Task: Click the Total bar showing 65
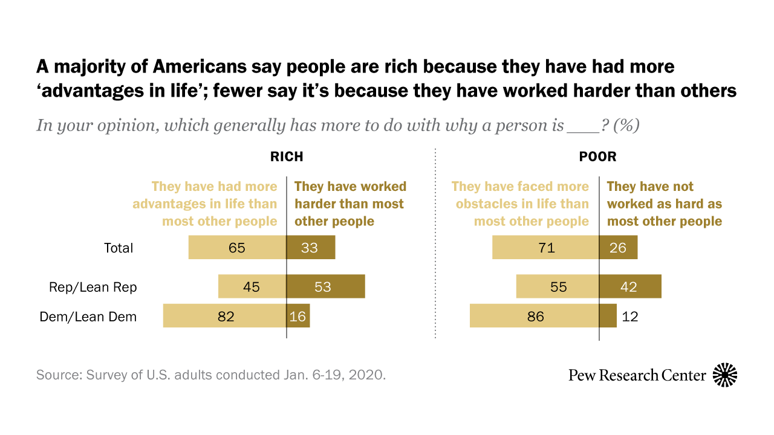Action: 237,248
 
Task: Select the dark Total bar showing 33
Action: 310,248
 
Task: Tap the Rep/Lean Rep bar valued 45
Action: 252,286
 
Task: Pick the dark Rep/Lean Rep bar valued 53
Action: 325,286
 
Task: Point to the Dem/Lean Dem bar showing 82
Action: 224,316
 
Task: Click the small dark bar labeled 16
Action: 298,316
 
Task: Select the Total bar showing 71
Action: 545,248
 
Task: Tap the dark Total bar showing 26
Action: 618,248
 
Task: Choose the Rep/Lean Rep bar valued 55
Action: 558,286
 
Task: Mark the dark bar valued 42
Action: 630,286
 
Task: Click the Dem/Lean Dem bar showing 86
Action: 535,316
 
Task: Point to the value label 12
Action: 630,316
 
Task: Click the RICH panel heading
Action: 287,157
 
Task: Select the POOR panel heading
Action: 597,157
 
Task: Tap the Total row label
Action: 119,248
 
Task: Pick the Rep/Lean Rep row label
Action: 93,287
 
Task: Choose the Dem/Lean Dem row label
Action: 88,317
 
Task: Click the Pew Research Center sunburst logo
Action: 725,375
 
